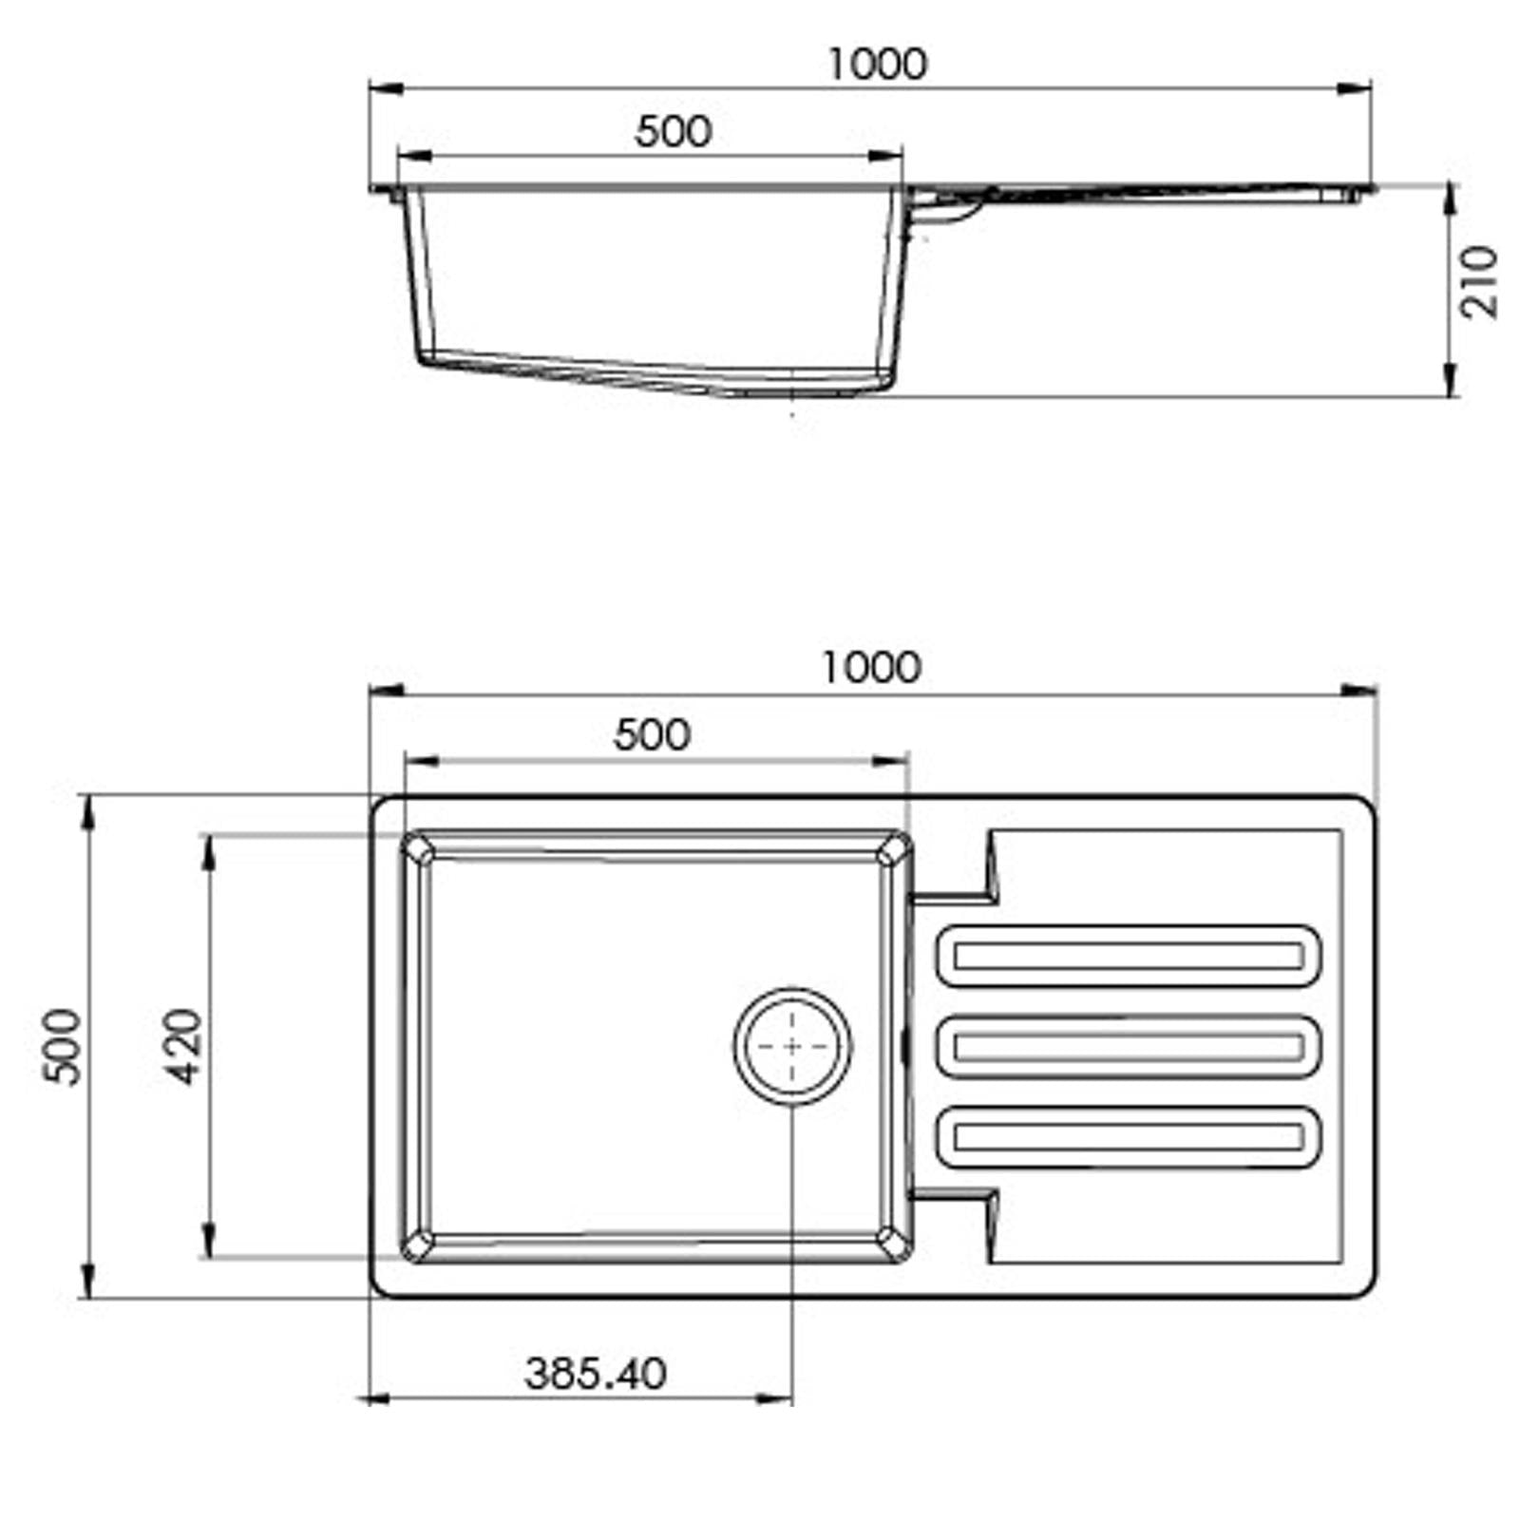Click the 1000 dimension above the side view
click(x=876, y=65)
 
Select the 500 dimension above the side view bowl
click(x=673, y=132)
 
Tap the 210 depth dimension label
click(x=1479, y=281)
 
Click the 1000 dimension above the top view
click(x=870, y=667)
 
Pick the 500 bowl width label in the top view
click(x=652, y=734)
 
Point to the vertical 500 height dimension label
click(x=64, y=1046)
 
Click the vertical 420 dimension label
click(x=182, y=1046)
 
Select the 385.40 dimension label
click(x=596, y=1373)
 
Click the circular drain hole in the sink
click(x=792, y=1046)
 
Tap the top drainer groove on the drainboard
click(x=1128, y=956)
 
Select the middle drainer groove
click(x=1128, y=1047)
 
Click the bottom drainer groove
click(x=1128, y=1136)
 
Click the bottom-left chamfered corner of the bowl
click(x=419, y=1243)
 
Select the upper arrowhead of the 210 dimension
click(x=1450, y=199)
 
